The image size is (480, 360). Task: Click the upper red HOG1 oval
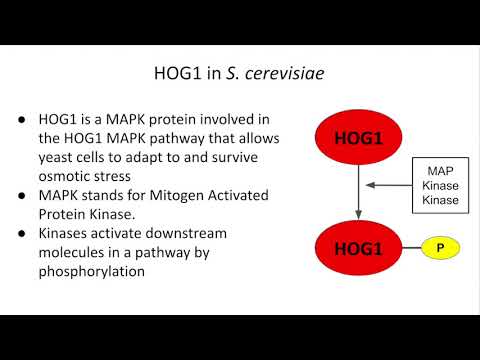357,136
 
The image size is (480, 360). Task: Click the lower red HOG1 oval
357,245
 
